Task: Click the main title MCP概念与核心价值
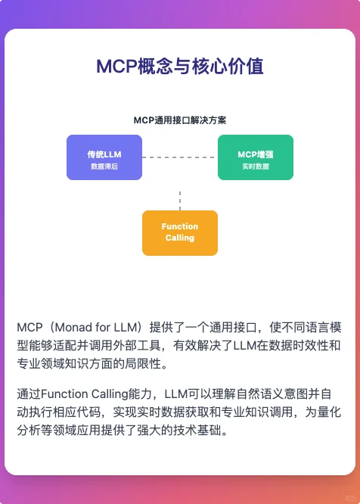(180, 67)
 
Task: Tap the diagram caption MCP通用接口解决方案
(180, 120)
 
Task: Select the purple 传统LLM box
(104, 157)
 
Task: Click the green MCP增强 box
(255, 157)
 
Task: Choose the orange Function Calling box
(180, 232)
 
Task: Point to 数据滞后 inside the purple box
(104, 166)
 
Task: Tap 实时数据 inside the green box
(255, 166)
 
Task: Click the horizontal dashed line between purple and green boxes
(180, 157)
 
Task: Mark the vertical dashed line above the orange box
(180, 201)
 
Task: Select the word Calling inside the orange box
(180, 238)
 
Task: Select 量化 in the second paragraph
(329, 412)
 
